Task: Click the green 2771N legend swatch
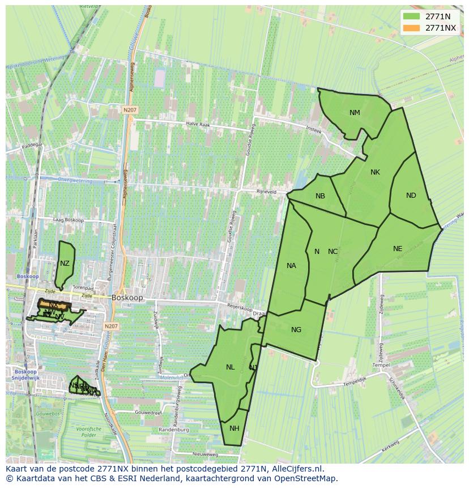point(412,16)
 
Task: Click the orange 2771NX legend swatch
point(412,28)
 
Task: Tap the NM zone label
point(355,112)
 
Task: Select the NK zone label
point(375,172)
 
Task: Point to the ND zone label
point(411,196)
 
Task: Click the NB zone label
point(320,196)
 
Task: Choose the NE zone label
point(398,248)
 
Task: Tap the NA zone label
point(291,265)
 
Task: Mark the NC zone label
point(332,252)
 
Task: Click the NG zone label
point(296,330)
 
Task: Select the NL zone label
point(230,367)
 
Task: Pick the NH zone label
point(234,428)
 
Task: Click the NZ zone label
point(65,264)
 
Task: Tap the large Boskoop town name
point(127,297)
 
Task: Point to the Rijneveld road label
point(266,192)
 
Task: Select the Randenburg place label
point(173,430)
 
